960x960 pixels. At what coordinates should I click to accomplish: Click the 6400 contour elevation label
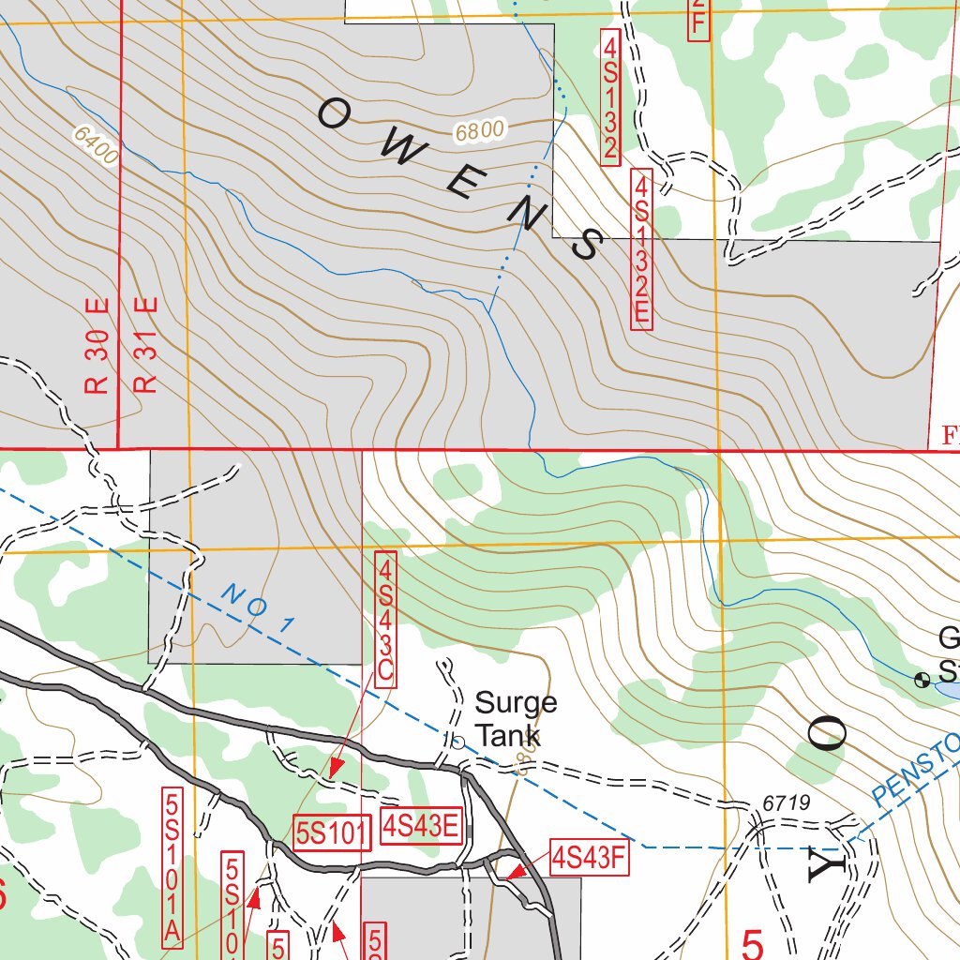click(94, 146)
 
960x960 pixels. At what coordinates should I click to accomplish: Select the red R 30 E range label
click(99, 346)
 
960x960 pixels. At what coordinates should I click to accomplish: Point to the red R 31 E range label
click(146, 346)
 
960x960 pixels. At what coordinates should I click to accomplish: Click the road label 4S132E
click(641, 248)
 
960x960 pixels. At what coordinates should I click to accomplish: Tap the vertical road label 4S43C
click(385, 621)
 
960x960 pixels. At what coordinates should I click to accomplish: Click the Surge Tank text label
click(515, 718)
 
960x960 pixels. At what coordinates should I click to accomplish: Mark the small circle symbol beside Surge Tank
click(458, 742)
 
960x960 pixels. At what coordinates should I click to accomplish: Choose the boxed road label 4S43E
click(422, 827)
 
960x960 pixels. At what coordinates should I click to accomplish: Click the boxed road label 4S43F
click(588, 857)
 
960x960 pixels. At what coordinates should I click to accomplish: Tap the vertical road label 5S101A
click(172, 867)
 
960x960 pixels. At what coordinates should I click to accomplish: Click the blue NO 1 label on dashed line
click(259, 607)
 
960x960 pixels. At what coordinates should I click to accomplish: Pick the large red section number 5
click(752, 942)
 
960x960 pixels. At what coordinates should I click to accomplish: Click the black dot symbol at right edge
click(922, 679)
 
